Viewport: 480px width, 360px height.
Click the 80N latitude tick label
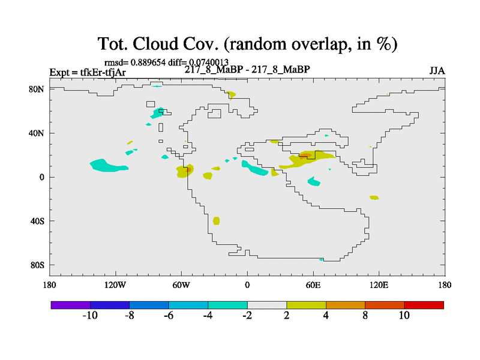tap(37, 89)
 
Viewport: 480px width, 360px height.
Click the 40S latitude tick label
tap(37, 221)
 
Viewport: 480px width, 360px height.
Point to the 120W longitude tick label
tap(115, 285)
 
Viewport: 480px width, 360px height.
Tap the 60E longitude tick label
tap(313, 285)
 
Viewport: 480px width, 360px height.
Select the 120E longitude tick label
tap(379, 285)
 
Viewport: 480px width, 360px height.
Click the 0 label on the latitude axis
tap(41, 177)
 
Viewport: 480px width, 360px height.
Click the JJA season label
tap(437, 71)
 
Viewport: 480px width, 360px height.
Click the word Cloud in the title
tap(155, 43)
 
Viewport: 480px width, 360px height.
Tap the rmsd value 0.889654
tap(148, 62)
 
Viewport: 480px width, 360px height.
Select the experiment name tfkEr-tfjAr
tap(103, 72)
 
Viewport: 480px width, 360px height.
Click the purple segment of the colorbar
tap(71, 305)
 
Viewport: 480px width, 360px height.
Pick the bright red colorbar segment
tap(424, 305)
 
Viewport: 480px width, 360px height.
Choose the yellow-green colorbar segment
tap(306, 305)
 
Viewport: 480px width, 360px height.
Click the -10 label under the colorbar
tap(90, 316)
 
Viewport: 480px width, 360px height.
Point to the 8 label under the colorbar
tap(365, 316)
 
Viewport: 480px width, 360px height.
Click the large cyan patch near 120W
tap(107, 166)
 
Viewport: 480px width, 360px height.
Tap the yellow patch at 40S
tap(216, 221)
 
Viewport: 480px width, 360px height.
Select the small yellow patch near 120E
tap(374, 197)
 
